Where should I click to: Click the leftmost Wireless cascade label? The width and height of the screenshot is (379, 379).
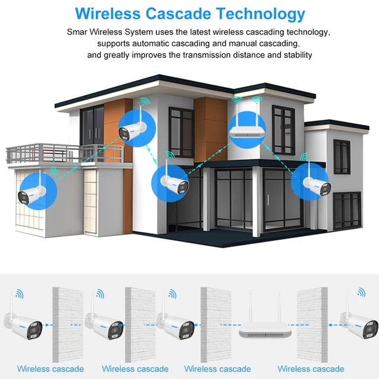pyautogui.click(x=50, y=369)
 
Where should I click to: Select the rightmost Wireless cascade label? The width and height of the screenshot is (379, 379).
pyautogui.click(x=311, y=369)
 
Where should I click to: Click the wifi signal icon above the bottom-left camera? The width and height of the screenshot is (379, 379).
pyautogui.click(x=20, y=293)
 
